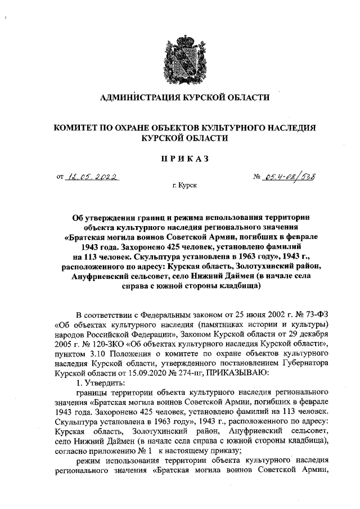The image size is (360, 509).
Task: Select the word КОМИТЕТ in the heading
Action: pos(78,128)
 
